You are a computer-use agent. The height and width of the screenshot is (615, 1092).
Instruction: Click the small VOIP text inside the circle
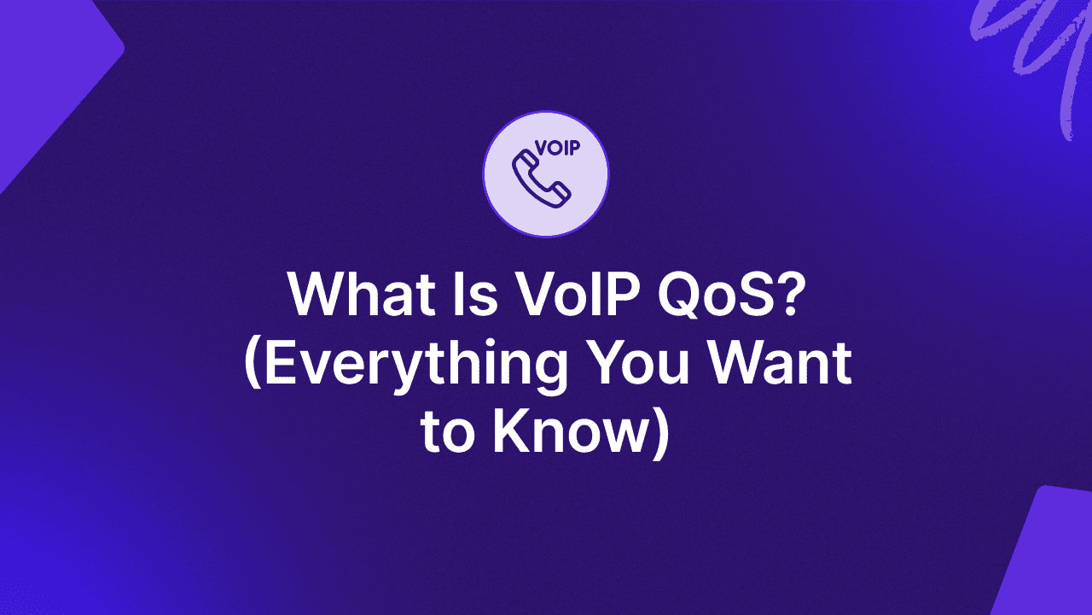(x=558, y=148)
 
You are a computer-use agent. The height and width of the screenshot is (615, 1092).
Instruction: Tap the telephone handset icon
(x=541, y=179)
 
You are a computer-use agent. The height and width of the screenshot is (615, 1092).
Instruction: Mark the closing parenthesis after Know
(x=659, y=435)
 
